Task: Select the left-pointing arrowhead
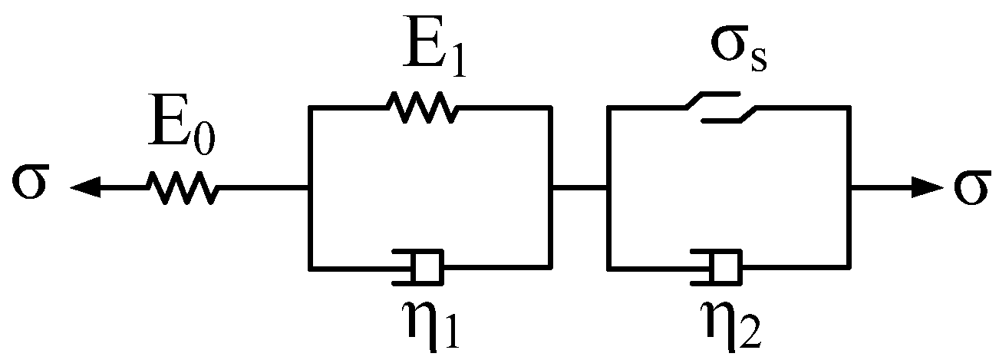87,187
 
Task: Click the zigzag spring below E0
181,187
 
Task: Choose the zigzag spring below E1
421,107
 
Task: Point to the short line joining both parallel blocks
579,187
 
